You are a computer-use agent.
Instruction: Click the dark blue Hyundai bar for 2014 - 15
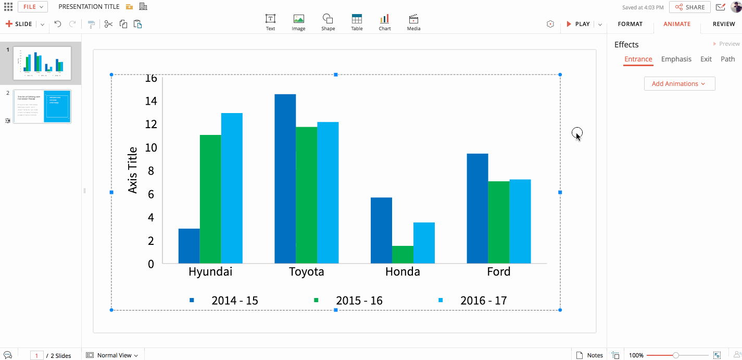pos(189,246)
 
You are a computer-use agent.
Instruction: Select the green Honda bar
pos(403,255)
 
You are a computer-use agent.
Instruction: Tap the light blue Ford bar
pos(520,221)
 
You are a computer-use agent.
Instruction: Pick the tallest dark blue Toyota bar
pos(285,179)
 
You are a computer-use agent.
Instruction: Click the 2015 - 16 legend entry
pos(348,301)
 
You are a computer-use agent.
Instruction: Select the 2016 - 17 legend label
pos(483,301)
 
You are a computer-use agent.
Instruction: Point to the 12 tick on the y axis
pos(150,124)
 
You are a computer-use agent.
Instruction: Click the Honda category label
pos(403,272)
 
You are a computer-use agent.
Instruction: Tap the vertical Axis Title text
pos(133,170)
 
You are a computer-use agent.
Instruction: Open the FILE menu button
pos(33,7)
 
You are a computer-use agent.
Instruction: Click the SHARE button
pos(690,7)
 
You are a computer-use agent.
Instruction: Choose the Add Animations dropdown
pos(679,84)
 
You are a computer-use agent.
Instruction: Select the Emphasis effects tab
pos(676,59)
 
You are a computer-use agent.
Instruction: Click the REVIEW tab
pos(724,24)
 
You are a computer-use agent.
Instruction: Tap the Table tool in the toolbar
pos(357,22)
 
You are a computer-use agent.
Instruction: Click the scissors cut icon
pos(108,24)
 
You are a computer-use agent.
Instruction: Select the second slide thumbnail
pos(42,106)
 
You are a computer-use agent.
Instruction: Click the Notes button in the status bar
pos(589,355)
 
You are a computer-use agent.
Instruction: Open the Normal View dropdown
pos(112,355)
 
